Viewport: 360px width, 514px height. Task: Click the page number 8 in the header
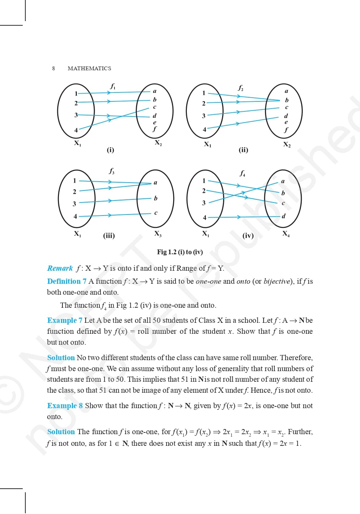point(53,68)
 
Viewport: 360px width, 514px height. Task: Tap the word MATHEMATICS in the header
point(89,68)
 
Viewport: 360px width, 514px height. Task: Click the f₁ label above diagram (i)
point(112,86)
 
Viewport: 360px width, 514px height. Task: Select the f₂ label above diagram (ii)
point(241,88)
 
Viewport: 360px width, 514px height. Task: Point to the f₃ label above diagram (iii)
point(112,171)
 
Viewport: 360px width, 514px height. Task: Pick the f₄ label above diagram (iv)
point(242,173)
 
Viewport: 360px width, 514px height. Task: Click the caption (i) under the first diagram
point(110,150)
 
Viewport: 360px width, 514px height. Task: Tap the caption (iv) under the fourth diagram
point(248,235)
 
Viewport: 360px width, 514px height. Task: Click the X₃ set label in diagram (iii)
point(158,234)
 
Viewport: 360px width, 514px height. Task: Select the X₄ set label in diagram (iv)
point(286,234)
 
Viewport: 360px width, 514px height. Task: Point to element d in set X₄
point(284,216)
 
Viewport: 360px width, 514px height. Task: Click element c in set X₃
point(156,213)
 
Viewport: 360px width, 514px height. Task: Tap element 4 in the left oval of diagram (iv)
point(205,217)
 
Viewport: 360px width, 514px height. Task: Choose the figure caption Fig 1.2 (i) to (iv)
point(180,252)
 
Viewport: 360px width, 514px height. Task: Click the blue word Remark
point(60,268)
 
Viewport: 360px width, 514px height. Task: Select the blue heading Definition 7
point(67,281)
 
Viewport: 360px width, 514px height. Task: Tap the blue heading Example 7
point(64,320)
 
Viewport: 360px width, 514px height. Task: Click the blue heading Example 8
point(65,406)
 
